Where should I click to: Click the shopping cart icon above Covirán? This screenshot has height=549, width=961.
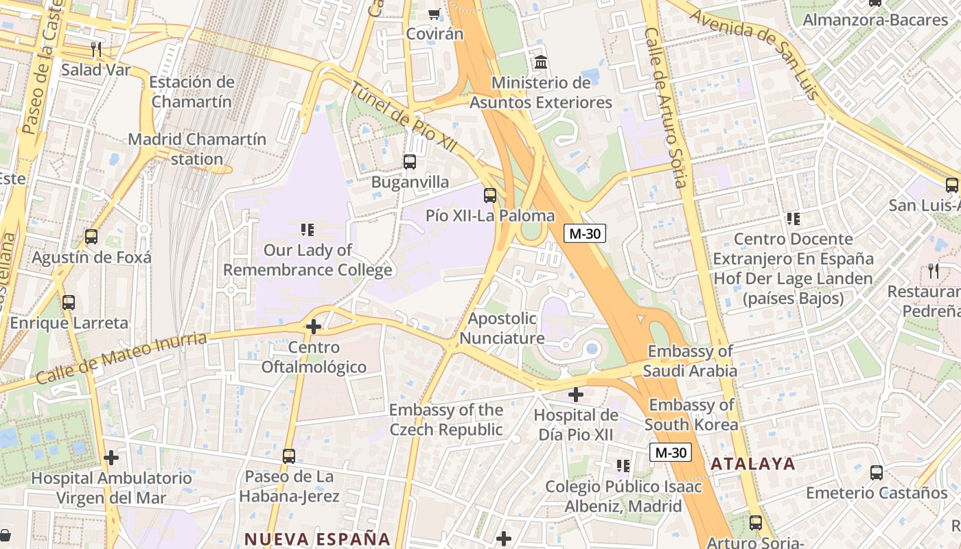pos(434,14)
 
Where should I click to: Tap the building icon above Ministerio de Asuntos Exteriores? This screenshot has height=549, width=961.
pos(541,62)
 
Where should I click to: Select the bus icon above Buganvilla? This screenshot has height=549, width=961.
pos(410,162)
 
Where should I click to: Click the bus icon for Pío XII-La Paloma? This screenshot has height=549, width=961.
pos(490,196)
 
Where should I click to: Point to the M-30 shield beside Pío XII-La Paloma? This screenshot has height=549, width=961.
pos(585,233)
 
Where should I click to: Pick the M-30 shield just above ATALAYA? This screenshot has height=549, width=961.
pos(671,452)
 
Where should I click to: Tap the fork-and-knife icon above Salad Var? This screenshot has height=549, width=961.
pos(96,49)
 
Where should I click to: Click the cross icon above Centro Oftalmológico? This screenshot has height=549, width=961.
pos(314,327)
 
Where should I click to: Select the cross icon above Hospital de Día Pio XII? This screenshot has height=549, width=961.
pos(576,395)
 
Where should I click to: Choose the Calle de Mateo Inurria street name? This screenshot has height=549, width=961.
pos(120,358)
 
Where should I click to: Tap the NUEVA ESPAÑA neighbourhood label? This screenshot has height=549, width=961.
pos(317,539)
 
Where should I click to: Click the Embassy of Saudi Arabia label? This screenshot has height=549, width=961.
pos(691,361)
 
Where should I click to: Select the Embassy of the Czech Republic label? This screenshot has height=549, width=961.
pos(446,420)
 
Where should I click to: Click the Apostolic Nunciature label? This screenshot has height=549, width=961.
pos(502,328)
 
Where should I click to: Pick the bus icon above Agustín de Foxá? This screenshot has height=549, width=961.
pos(91,237)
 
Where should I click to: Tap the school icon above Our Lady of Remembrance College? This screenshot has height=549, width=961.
pos(308,229)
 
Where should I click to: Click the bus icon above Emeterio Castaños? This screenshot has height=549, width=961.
pos(877,472)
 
